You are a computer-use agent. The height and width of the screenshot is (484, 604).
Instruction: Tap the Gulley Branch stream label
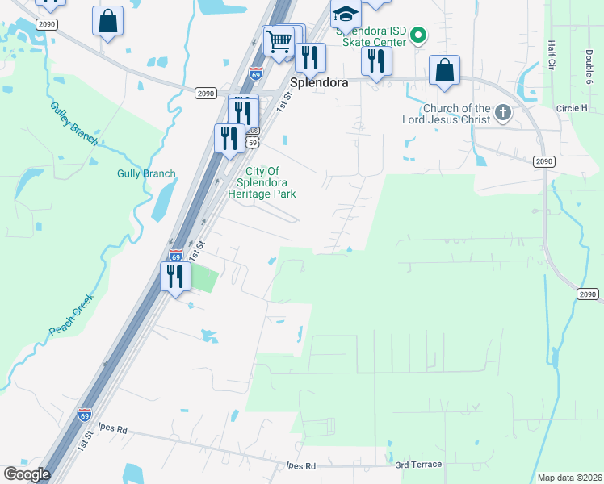pos(73,123)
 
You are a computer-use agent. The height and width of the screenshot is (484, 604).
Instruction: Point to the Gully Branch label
pos(145,173)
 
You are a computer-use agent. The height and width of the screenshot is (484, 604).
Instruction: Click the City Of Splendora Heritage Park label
pos(262,182)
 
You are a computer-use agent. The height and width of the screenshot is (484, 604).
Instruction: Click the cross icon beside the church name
pos(503,113)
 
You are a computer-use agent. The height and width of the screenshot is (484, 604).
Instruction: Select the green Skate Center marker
pos(417,34)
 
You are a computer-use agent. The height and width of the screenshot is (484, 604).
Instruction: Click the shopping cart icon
pos(279,40)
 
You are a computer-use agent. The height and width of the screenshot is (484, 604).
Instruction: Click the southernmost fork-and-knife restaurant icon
pos(175,277)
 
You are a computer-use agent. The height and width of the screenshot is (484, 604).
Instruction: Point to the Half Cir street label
pos(553,53)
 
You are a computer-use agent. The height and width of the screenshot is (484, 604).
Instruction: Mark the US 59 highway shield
pos(253,142)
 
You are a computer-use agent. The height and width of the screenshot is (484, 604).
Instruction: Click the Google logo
pos(27,474)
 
